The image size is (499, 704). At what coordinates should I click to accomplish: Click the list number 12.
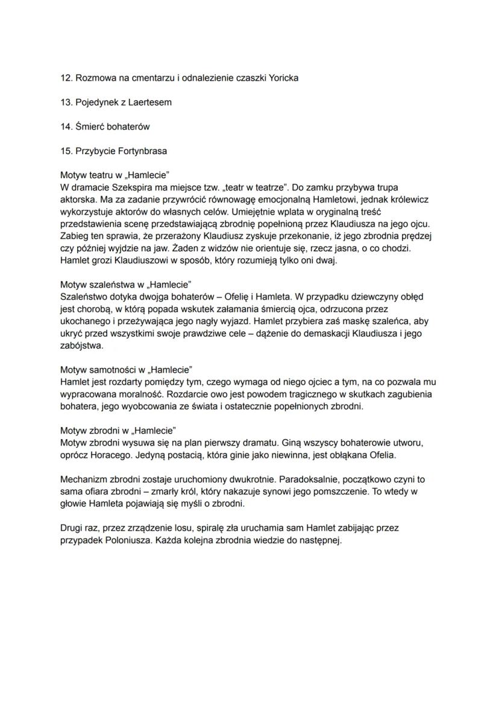click(x=66, y=79)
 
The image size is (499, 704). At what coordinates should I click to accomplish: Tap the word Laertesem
click(x=151, y=102)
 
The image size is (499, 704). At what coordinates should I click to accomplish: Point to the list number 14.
click(x=66, y=127)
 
